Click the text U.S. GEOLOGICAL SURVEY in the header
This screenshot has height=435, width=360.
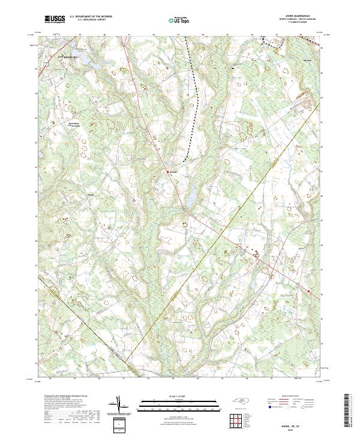pos(89,20)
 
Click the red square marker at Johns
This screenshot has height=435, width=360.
pos(167,172)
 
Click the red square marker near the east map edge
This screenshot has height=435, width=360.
pos(309,292)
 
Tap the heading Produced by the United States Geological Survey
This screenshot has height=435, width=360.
pos(64,397)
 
